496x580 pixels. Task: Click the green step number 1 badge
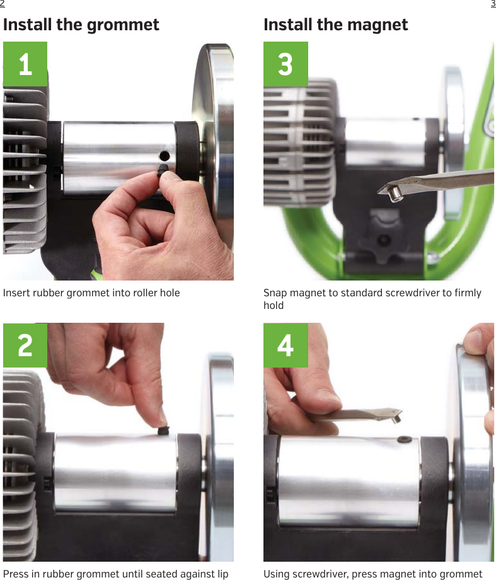25,64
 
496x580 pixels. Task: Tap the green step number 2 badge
25,345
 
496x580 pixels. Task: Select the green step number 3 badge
285,64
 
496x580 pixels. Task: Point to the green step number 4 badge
285,345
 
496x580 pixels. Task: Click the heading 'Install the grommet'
81,25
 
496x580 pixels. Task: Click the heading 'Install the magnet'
335,25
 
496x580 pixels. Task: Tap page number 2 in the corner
3,4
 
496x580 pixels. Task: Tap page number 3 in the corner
493,4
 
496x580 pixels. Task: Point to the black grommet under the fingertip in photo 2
162,430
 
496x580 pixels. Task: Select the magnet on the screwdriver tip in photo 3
395,194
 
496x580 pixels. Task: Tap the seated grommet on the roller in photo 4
402,438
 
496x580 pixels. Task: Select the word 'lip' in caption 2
222,574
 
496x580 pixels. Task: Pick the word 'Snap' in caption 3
274,293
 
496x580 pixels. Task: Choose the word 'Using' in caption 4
276,574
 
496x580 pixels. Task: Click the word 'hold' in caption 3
274,306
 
